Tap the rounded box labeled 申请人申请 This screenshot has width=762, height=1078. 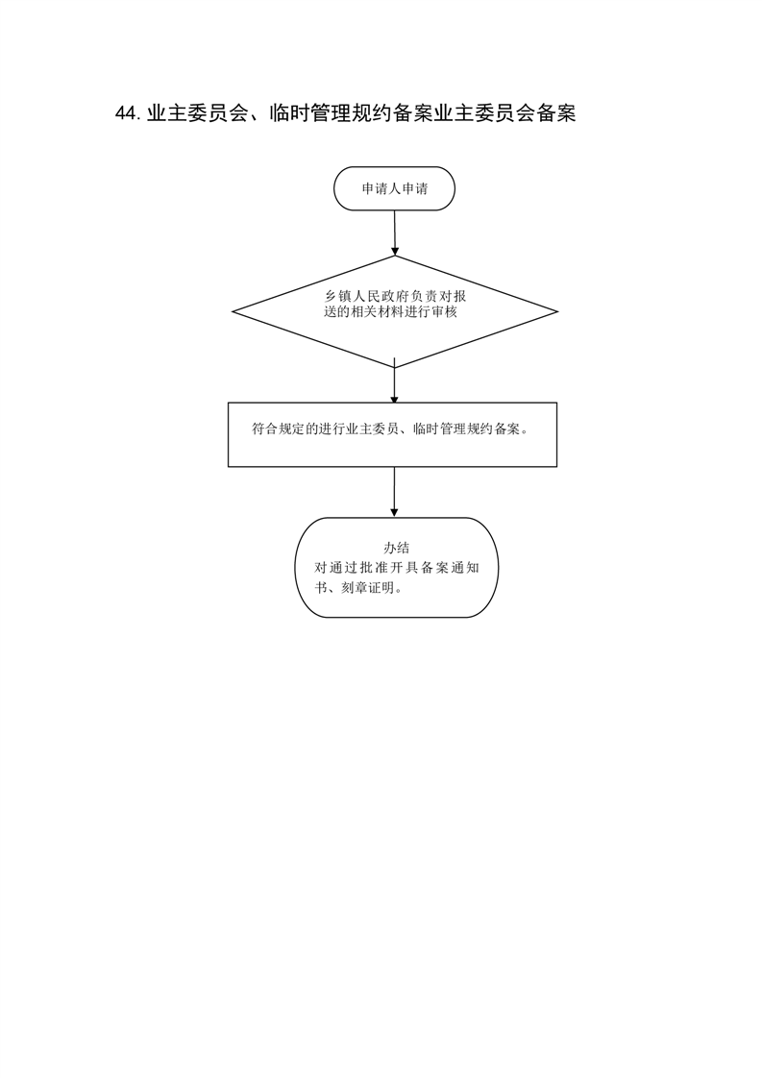pyautogui.click(x=394, y=188)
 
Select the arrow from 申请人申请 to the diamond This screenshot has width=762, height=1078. pyautogui.click(x=395, y=233)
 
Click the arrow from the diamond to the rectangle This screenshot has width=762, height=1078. pyautogui.click(x=394, y=380)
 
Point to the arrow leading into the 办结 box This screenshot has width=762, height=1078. pyautogui.click(x=394, y=492)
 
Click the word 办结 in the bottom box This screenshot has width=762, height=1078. pyautogui.click(x=396, y=548)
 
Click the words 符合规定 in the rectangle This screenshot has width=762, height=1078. pyautogui.click(x=278, y=429)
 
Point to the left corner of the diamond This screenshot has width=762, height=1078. pyautogui.click(x=233, y=312)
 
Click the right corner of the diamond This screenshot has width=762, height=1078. pyautogui.click(x=557, y=312)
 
